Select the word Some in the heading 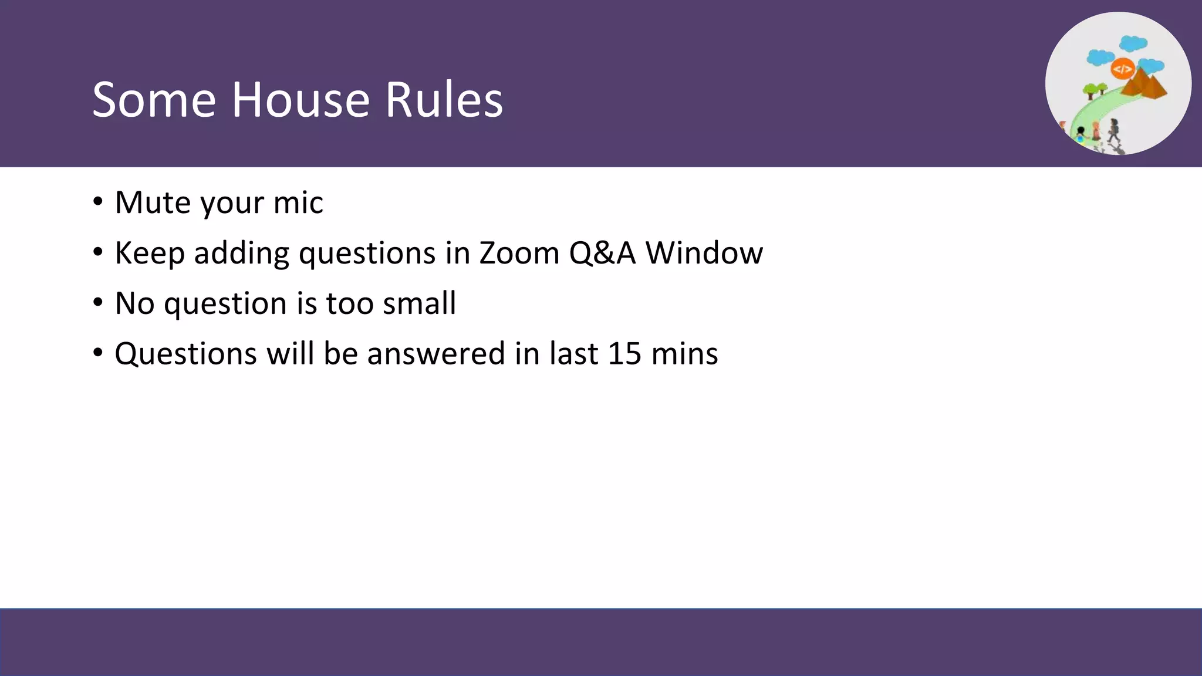154,100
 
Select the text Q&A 602,253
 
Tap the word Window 704,253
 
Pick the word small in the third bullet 419,303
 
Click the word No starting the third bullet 134,303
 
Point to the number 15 624,354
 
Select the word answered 436,354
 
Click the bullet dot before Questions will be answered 98,353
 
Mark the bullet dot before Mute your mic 98,202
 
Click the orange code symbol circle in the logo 1122,69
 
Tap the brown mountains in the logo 1144,84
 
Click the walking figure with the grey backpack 1113,130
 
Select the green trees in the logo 1095,90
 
